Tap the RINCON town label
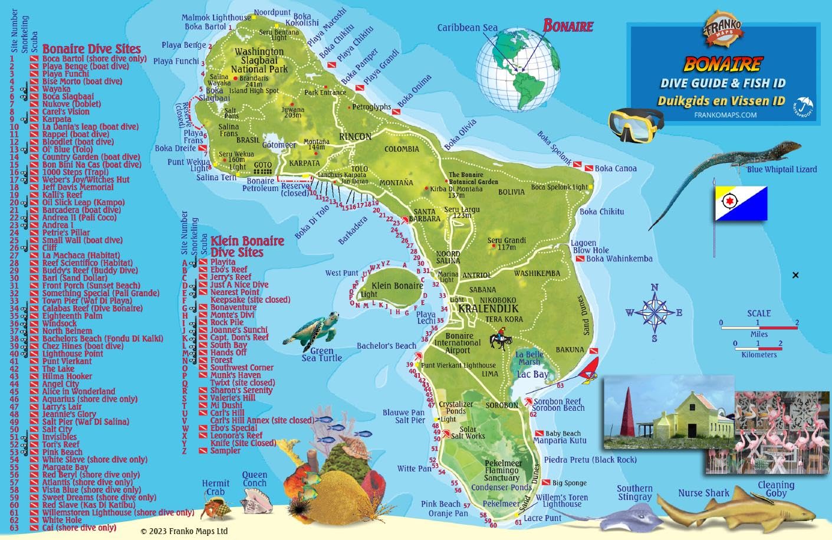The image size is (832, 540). (x=355, y=136)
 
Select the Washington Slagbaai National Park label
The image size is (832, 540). (x=259, y=60)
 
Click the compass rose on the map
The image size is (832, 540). (x=654, y=313)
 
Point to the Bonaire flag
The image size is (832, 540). (x=741, y=204)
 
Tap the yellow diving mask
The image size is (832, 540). (x=636, y=122)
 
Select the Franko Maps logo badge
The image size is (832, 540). (x=722, y=30)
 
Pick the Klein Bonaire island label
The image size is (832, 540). (x=397, y=286)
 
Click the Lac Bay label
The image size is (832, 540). (x=532, y=374)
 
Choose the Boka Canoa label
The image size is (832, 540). (x=615, y=168)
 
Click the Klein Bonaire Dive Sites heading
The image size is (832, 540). (x=247, y=246)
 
